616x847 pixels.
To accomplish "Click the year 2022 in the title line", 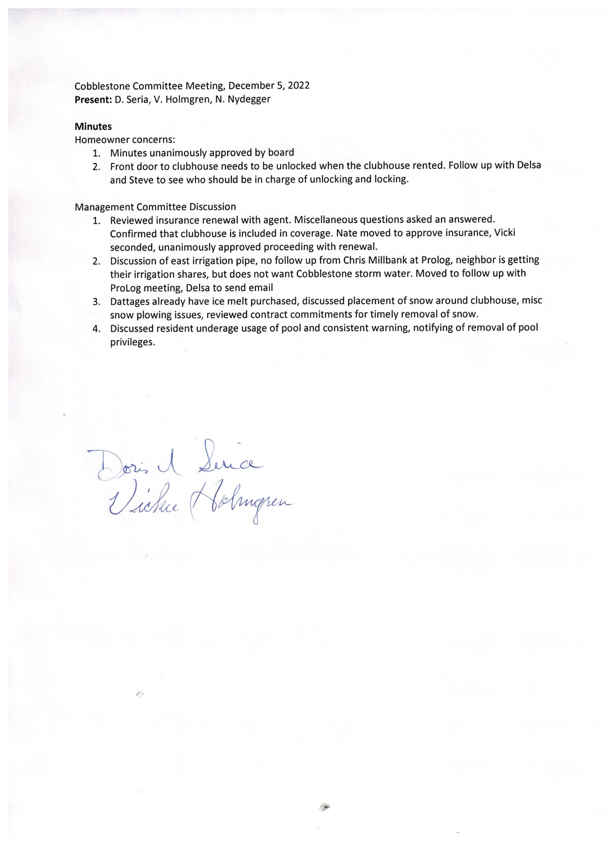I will (x=299, y=86).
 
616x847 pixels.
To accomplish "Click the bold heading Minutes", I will (x=93, y=126).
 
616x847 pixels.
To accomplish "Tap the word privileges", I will (x=132, y=342).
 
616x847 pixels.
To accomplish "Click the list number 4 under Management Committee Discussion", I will (x=97, y=329).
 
